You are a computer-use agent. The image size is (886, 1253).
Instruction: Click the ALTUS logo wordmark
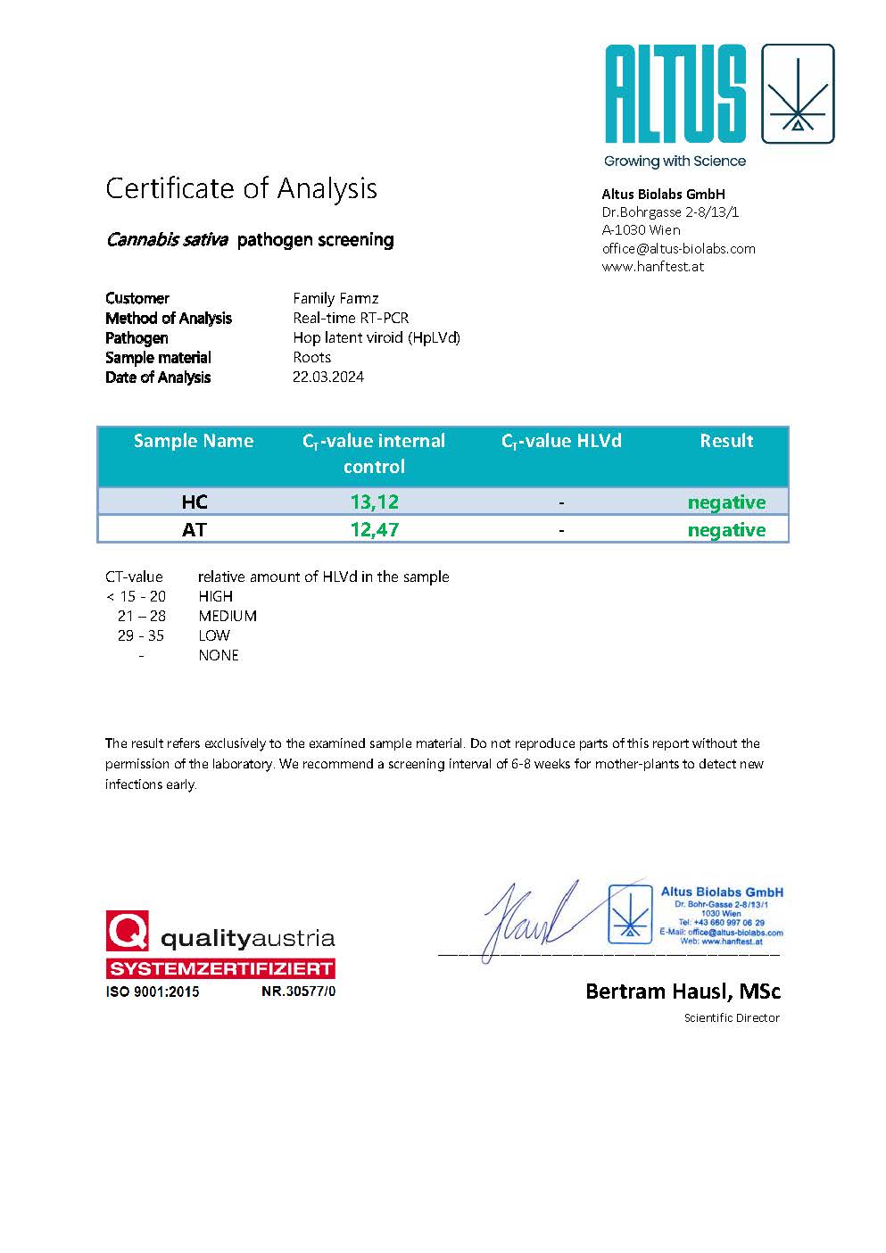[675, 94]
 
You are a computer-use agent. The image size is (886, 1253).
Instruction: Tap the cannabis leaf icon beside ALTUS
[797, 94]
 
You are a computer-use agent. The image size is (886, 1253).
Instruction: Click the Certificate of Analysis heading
[241, 188]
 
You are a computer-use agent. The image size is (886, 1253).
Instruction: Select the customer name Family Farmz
[335, 298]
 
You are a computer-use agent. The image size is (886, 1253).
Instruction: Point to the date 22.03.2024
[328, 377]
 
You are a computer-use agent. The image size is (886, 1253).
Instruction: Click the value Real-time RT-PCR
[351, 318]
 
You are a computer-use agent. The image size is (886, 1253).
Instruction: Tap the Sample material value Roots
[311, 357]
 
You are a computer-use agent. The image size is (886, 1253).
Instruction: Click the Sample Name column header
[194, 441]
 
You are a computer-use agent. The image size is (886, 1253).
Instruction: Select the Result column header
[726, 441]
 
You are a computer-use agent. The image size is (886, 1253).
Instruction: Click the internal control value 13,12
[374, 502]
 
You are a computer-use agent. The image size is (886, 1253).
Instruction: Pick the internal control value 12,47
[374, 529]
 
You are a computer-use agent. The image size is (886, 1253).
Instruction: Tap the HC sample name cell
[194, 502]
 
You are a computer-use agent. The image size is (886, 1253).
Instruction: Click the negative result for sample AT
[726, 529]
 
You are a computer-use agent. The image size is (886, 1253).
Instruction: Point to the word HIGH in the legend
[216, 596]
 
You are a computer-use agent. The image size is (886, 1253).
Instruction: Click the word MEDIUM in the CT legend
[228, 616]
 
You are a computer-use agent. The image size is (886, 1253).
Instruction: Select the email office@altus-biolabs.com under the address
[678, 248]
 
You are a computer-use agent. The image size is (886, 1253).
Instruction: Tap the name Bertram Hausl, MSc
[683, 991]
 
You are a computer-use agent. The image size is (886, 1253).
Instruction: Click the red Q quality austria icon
[128, 932]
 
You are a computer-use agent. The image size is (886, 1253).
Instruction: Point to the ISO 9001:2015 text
[153, 992]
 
